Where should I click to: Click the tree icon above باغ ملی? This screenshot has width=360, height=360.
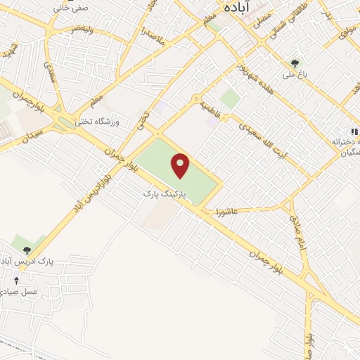[x=295, y=63]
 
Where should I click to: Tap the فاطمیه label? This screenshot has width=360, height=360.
[x=210, y=108]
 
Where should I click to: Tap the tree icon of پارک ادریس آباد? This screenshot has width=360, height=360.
[x=27, y=250]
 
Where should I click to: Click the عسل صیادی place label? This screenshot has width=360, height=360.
[x=21, y=291]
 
